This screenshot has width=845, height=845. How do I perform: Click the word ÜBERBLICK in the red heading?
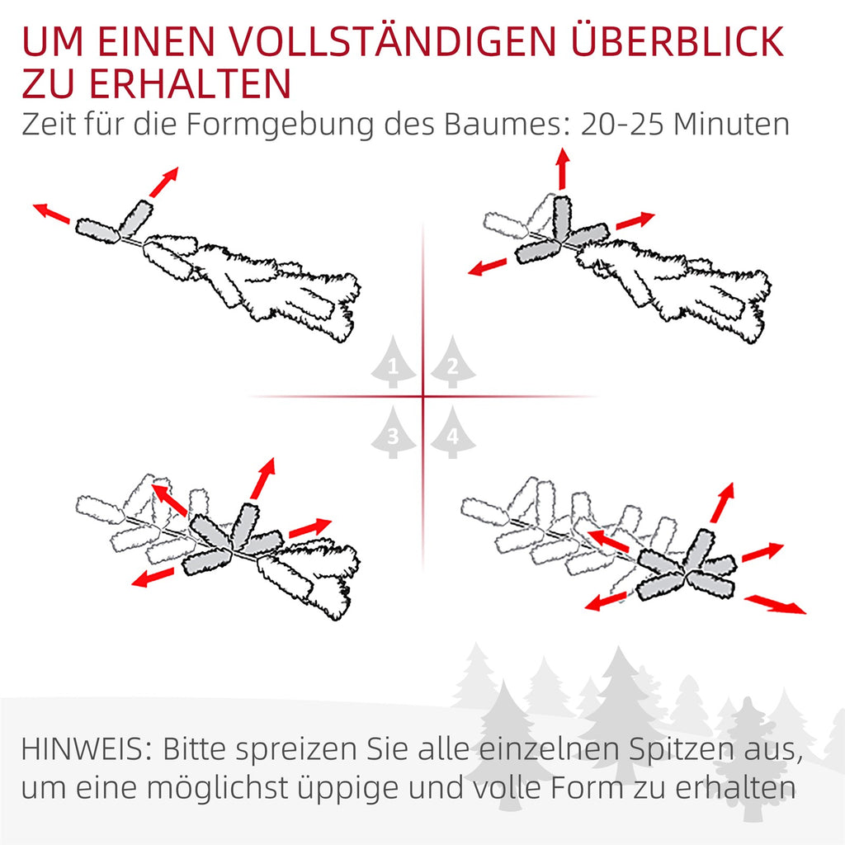pos(677,41)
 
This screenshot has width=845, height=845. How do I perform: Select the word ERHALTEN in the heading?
pos(191,83)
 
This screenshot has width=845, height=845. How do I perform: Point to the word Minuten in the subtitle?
pos(731,125)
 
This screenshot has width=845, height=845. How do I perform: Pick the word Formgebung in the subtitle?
pos(280,125)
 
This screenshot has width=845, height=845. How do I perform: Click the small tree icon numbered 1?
pos(393,362)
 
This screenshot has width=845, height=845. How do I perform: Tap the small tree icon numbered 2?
pos(453,362)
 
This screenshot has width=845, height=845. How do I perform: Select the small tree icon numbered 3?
pos(393,432)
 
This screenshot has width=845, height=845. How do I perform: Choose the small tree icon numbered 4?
pos(453,432)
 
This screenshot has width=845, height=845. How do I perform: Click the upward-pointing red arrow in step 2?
pos(563,168)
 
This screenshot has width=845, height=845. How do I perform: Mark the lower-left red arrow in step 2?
pos(487,267)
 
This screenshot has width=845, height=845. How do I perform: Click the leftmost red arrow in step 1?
pos(51,213)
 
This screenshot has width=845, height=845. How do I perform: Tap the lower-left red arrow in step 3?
pos(153,577)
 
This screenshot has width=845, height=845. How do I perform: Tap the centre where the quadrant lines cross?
pos(423,397)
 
